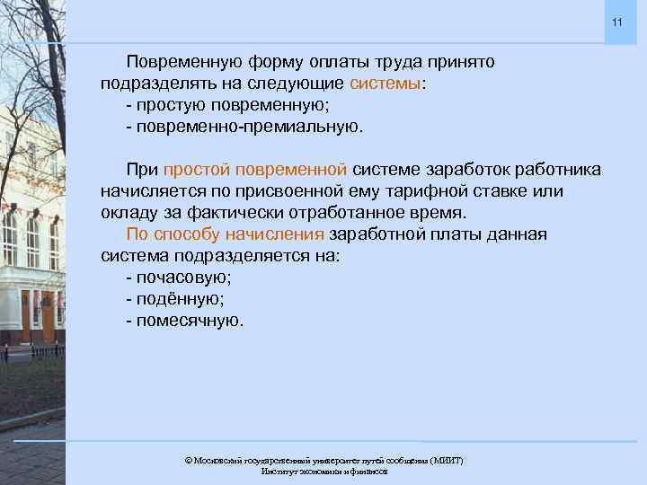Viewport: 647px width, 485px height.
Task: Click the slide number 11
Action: click(616, 22)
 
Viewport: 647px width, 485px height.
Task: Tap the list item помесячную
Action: click(189, 321)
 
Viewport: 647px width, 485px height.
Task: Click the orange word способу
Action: click(194, 234)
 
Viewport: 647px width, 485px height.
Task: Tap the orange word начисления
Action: click(280, 234)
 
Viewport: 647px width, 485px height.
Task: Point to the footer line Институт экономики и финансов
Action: click(323, 472)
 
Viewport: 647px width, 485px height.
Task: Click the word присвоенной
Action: click(272, 191)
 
